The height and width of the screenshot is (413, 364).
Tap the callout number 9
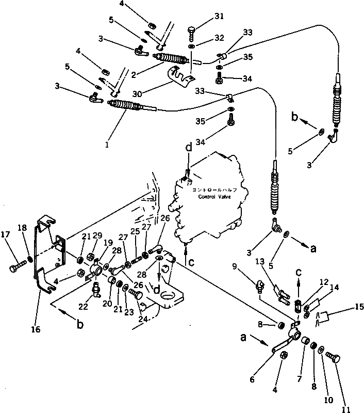(x=235, y=267)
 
